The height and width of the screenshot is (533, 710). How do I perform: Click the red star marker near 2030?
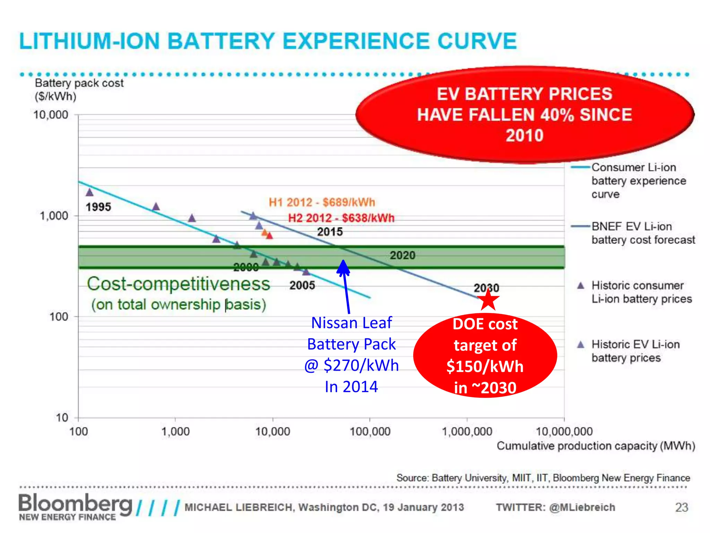(x=488, y=299)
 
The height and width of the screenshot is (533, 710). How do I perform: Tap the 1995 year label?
(x=98, y=207)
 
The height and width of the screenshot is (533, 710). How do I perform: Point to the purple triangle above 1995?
(x=89, y=192)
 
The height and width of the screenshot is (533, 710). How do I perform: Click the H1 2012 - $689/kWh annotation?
(x=322, y=202)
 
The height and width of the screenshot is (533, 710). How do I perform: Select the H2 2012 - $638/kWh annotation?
(x=341, y=218)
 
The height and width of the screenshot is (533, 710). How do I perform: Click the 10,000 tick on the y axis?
(x=51, y=115)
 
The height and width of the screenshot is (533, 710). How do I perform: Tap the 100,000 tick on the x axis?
(x=370, y=432)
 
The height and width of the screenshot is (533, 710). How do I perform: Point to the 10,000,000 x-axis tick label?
(x=564, y=432)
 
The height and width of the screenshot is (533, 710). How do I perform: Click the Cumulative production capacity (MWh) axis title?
(x=596, y=446)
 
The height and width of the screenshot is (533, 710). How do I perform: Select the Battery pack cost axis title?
(x=79, y=83)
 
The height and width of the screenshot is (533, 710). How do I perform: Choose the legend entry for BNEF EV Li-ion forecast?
(x=643, y=233)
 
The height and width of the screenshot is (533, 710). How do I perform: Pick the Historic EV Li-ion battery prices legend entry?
(x=635, y=351)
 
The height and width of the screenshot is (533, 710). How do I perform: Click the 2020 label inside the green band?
(x=402, y=255)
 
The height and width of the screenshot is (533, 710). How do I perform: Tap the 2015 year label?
(x=330, y=232)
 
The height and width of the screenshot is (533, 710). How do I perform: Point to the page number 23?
(x=681, y=507)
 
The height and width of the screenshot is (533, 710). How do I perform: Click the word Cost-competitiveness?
(x=178, y=284)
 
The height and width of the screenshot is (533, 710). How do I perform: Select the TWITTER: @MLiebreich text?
(x=555, y=507)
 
